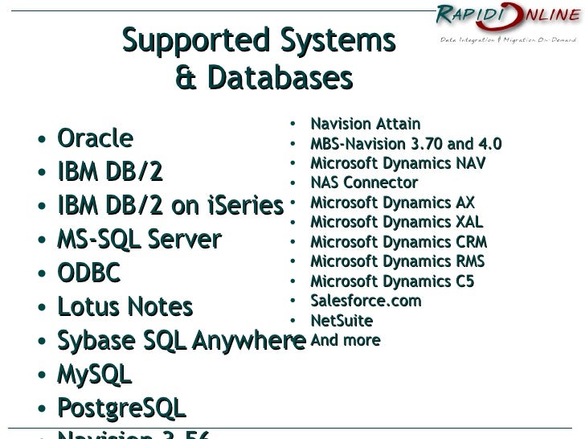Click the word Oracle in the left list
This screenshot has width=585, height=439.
[x=95, y=138]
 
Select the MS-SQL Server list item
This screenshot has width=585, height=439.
[x=139, y=240]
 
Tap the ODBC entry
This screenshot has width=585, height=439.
[x=88, y=273]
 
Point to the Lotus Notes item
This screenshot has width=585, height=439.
[x=125, y=307]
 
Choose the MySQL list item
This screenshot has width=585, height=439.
[x=94, y=375]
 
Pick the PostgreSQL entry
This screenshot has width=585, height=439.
[x=121, y=408]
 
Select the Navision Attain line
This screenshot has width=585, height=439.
[x=365, y=124]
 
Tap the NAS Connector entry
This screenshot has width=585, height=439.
[x=364, y=183]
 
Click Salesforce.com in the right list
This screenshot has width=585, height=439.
[x=366, y=301]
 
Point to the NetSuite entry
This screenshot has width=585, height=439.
[x=342, y=321]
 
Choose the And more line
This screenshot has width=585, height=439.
[x=345, y=340]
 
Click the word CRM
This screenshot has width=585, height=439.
[x=471, y=242]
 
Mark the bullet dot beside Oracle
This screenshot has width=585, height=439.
[x=40, y=140]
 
